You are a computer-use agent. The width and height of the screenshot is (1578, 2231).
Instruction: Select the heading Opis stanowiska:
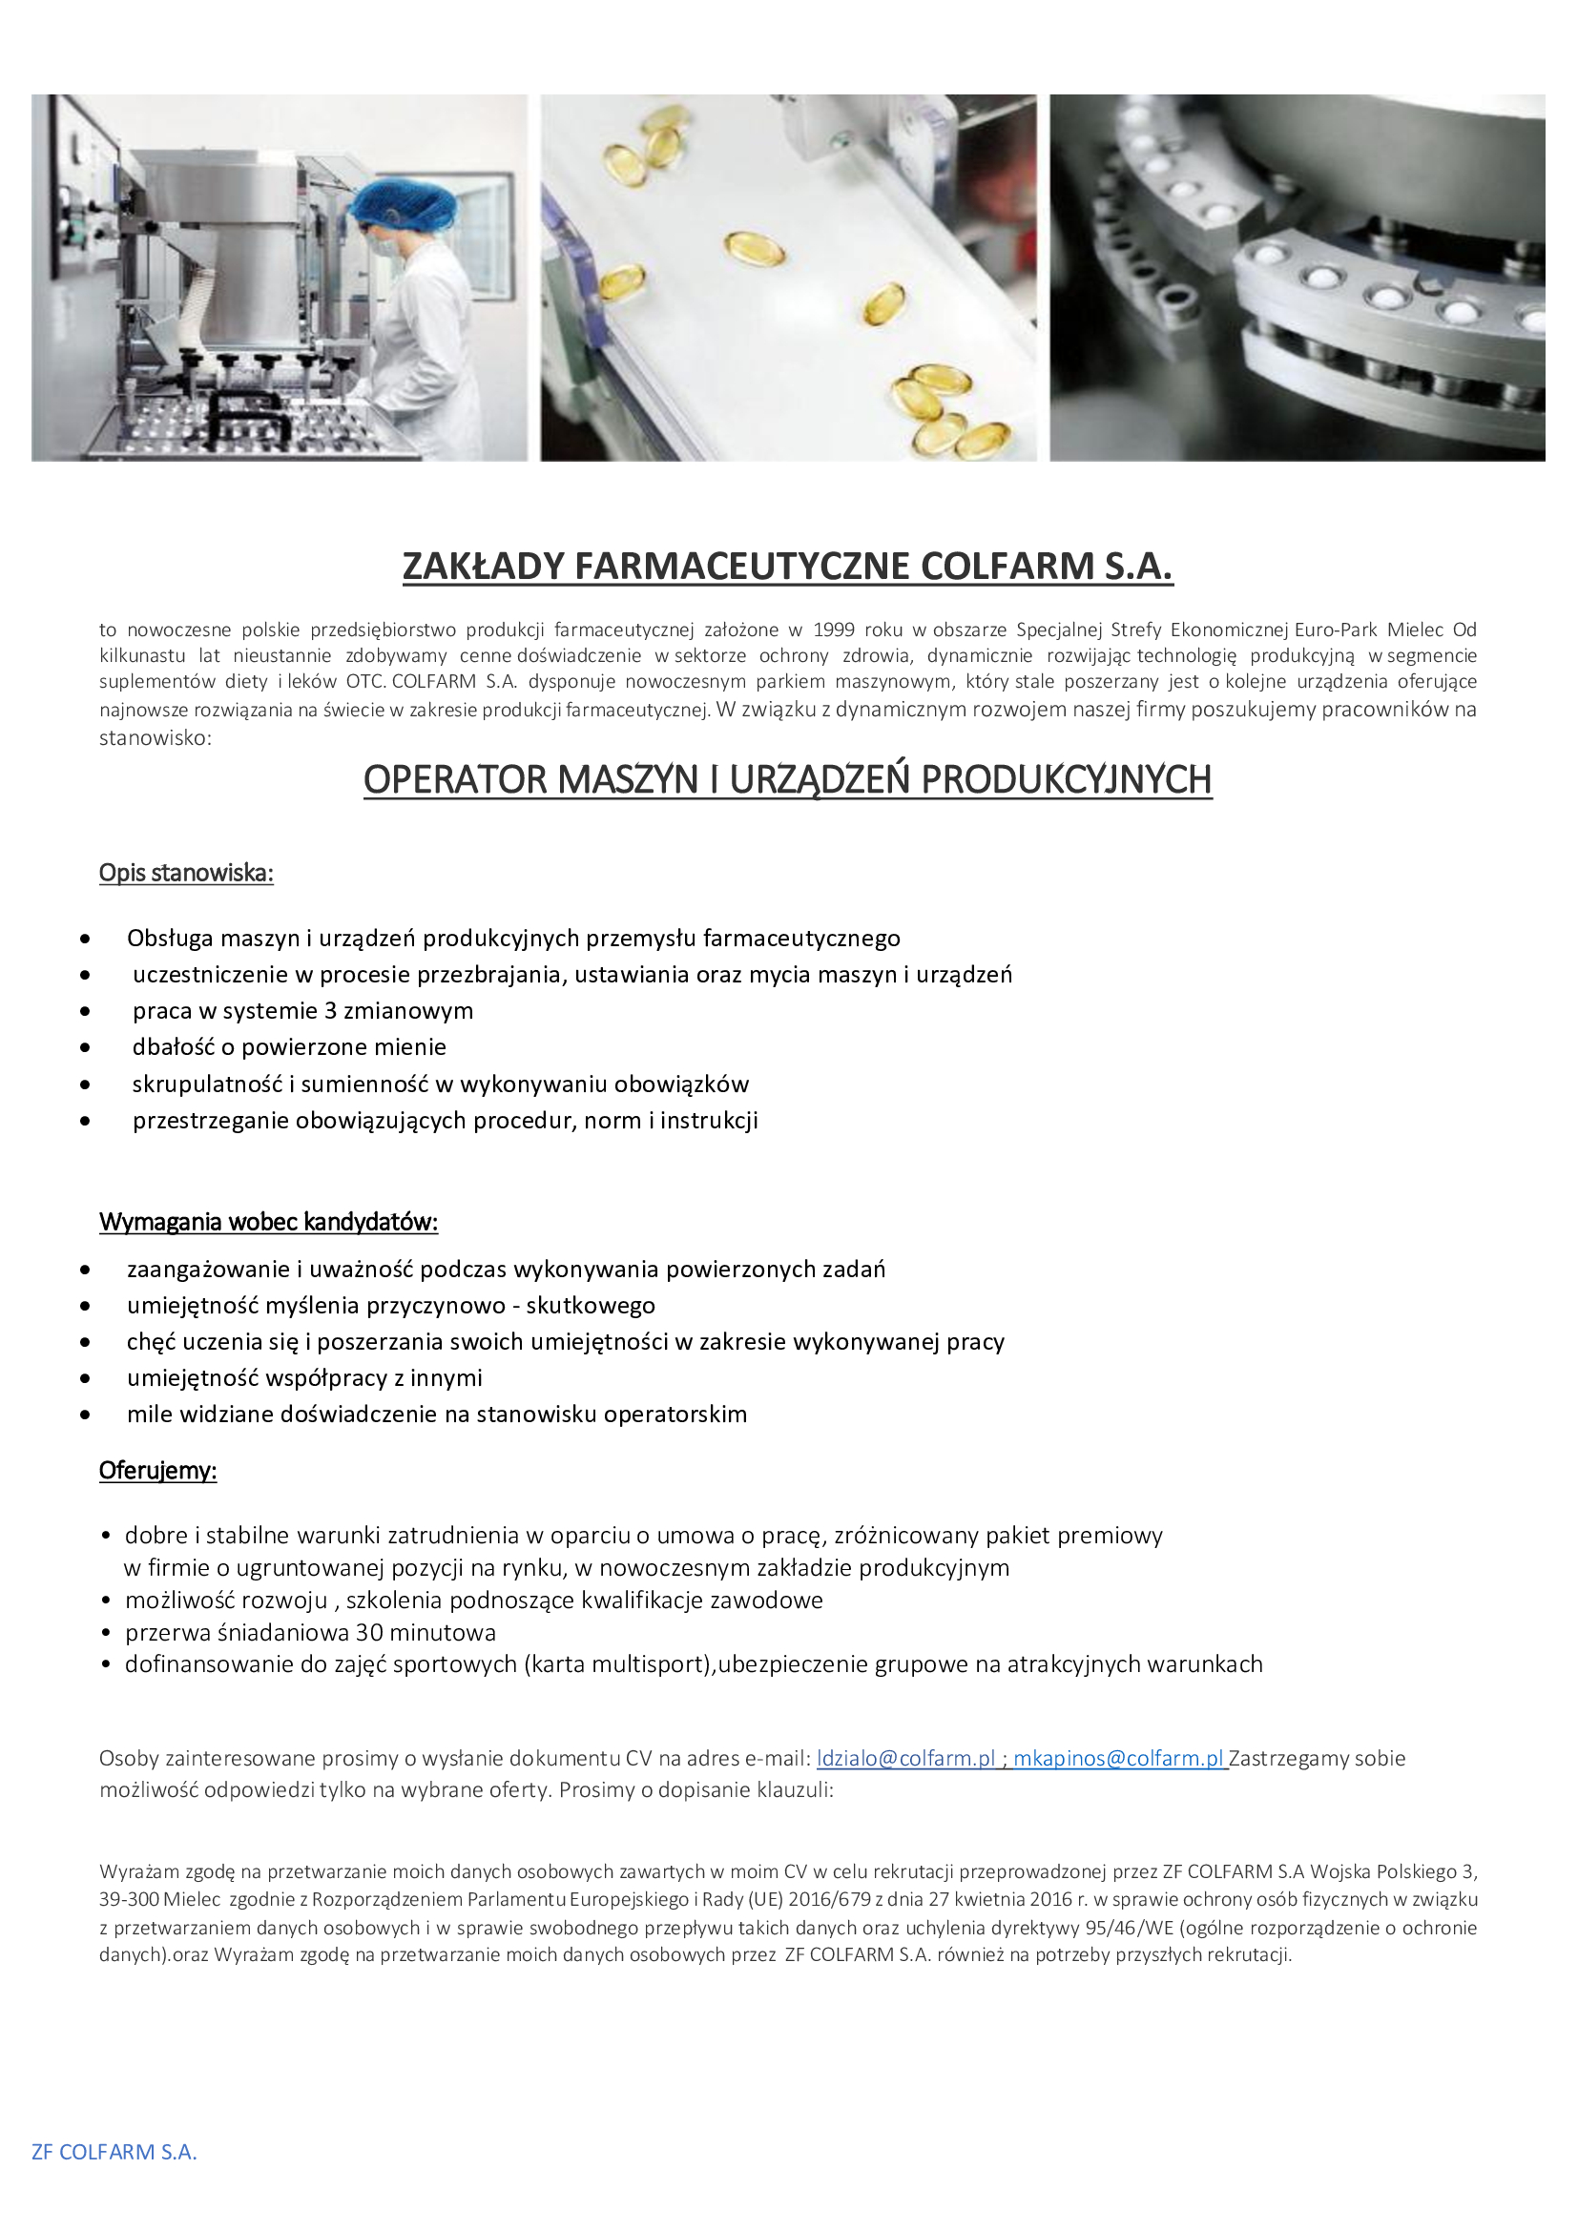(186, 873)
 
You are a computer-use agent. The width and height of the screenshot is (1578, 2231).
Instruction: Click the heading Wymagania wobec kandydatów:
(268, 1222)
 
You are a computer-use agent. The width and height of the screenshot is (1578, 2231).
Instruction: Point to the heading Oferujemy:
(157, 1470)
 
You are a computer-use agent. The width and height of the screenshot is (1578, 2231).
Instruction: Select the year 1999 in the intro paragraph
(834, 629)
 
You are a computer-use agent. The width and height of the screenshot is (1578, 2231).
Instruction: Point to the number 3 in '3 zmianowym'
(330, 1010)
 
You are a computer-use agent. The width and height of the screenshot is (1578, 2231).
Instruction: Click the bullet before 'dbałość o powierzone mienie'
(87, 1048)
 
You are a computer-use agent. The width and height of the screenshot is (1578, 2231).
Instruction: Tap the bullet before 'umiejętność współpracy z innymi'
(87, 1379)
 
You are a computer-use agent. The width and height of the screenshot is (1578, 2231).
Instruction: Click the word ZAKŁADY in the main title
(483, 567)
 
